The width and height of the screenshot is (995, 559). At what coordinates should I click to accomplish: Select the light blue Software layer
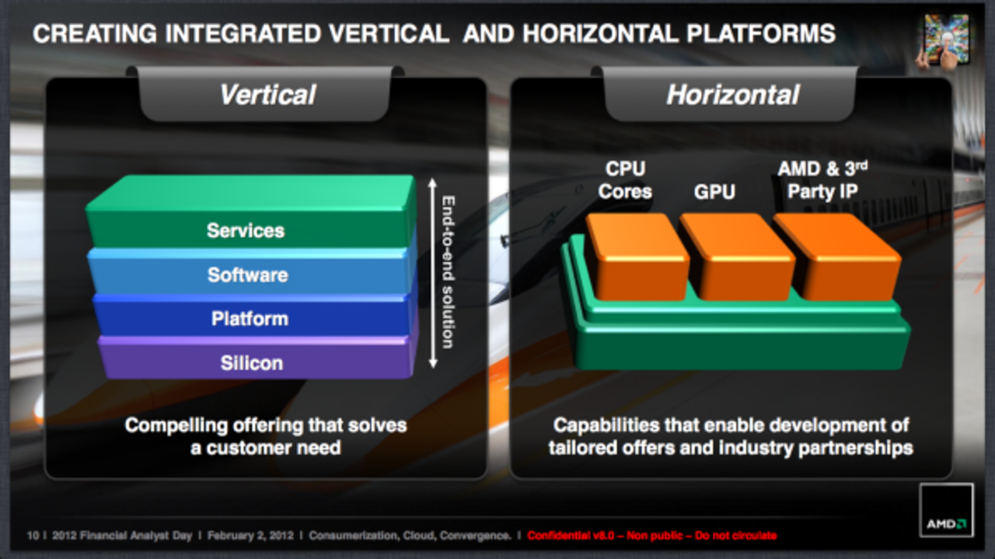click(x=247, y=274)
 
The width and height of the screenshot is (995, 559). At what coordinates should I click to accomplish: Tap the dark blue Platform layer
click(x=250, y=319)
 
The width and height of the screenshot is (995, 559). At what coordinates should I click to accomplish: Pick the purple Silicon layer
click(x=251, y=363)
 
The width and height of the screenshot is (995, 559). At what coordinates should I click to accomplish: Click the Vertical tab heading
click(x=267, y=95)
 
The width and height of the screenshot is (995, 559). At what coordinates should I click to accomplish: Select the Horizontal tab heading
click(x=732, y=95)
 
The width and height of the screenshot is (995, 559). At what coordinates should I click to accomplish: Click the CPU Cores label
click(x=625, y=180)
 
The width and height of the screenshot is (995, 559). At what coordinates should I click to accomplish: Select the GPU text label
click(x=714, y=190)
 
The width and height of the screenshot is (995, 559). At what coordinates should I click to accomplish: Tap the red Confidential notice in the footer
click(x=651, y=536)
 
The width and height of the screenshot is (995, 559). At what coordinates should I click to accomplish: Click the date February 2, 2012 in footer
click(x=252, y=536)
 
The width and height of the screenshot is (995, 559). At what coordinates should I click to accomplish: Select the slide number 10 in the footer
click(x=33, y=536)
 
